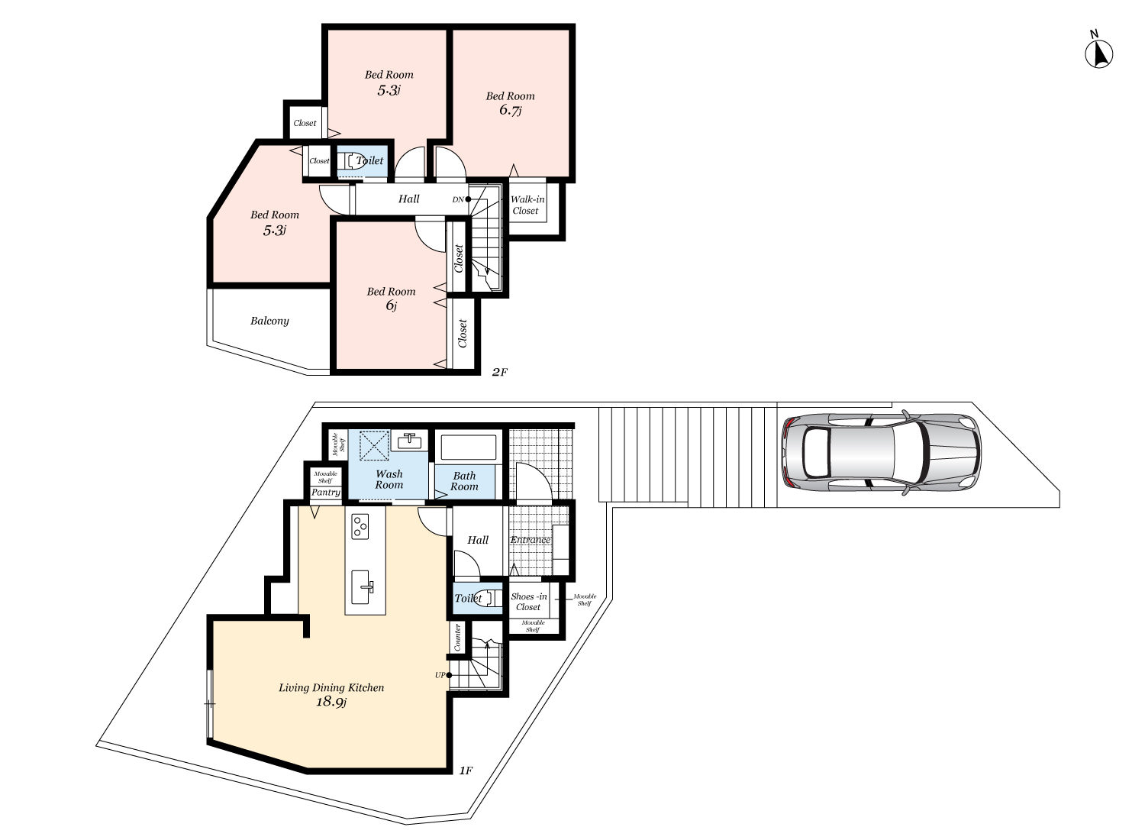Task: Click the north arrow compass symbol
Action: point(1098,53)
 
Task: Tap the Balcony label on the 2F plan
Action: point(269,321)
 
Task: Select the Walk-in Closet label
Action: point(527,205)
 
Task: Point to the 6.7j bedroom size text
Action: point(510,110)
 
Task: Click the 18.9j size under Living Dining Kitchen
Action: point(331,702)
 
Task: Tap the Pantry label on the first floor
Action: point(326,493)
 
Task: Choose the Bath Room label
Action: point(464,481)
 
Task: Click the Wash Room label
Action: point(389,480)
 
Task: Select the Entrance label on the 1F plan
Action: point(530,540)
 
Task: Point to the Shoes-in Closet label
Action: point(528,602)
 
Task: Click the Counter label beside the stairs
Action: point(458,638)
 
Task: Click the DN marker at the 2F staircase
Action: point(458,199)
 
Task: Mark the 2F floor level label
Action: point(499,372)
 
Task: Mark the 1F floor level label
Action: point(466,771)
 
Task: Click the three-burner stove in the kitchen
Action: point(360,526)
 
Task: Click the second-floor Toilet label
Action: point(369,160)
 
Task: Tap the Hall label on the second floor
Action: point(408,199)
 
